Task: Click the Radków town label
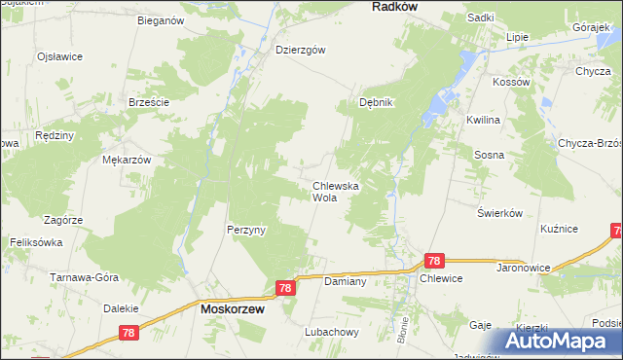pos(394,6)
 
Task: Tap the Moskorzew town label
pos(234,308)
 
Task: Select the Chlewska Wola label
pos(336,191)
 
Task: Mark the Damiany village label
pos(345,281)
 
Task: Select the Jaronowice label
pos(525,266)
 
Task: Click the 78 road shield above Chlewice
pos(434,261)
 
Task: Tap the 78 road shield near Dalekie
pos(128,332)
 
